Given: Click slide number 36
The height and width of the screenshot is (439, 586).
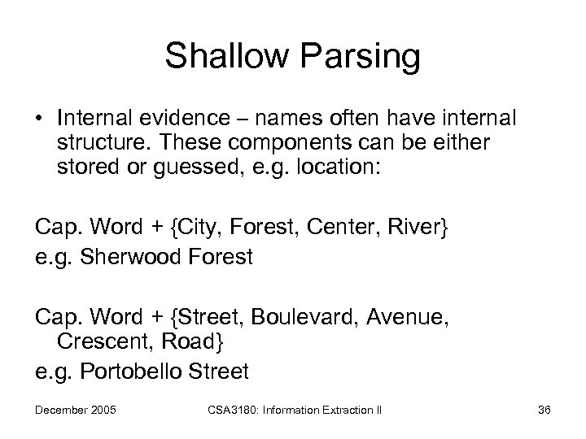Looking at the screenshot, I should (x=544, y=409).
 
